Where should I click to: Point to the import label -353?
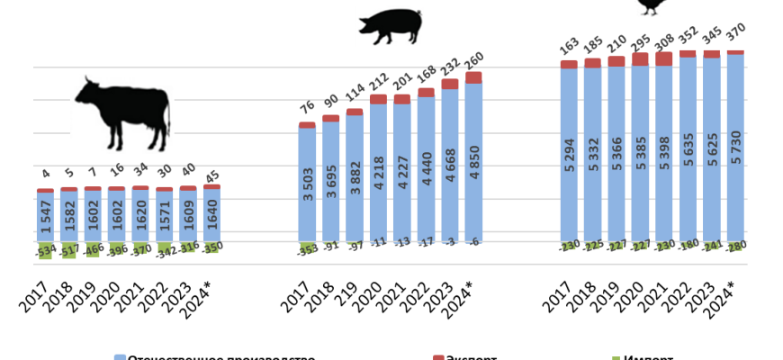coord(308,248)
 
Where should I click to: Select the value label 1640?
coord(211,215)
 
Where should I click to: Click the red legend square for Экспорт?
coord(437,357)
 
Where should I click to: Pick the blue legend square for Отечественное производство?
coord(120,357)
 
